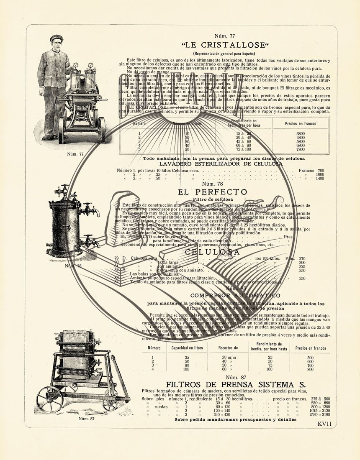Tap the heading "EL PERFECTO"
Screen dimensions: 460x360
212,192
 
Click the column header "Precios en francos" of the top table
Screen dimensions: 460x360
301,123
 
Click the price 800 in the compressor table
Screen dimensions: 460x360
310,369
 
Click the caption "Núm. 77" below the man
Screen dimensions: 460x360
75,154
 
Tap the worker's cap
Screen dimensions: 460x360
56,38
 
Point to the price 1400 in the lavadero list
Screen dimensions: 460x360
320,179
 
